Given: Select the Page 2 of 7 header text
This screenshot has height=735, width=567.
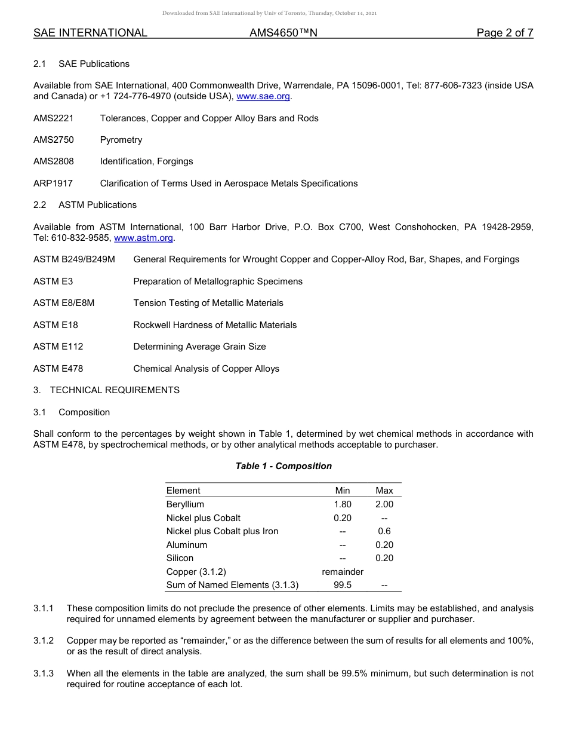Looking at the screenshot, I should (x=504, y=33).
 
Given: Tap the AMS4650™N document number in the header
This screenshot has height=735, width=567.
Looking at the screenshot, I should (x=283, y=33).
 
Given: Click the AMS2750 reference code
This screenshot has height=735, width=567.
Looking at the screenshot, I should (x=54, y=140).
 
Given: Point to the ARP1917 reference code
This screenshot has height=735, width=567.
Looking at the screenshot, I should (x=53, y=183).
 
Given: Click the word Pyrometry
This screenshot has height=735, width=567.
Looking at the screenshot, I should (x=121, y=140).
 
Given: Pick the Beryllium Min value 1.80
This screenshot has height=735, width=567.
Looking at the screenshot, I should (x=343, y=504).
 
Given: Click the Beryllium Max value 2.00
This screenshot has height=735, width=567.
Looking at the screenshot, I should (x=384, y=504).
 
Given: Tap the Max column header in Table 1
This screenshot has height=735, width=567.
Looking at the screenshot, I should (x=384, y=491).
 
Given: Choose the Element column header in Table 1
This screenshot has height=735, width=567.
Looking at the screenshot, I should (x=183, y=491).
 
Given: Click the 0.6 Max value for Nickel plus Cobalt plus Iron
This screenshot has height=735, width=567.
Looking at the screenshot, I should (x=384, y=531).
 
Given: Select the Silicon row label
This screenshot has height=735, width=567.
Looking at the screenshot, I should (x=180, y=558).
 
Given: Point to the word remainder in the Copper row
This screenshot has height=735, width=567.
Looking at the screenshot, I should (x=343, y=572).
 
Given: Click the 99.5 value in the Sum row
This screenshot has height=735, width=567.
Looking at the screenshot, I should (x=343, y=585).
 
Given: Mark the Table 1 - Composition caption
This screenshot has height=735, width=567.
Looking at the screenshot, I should (x=283, y=466).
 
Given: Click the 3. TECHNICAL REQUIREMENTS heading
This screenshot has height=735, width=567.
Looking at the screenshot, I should (x=106, y=390).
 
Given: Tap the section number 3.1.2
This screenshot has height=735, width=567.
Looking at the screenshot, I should (x=44, y=641).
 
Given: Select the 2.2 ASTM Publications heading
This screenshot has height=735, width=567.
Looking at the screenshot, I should (x=85, y=205).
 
